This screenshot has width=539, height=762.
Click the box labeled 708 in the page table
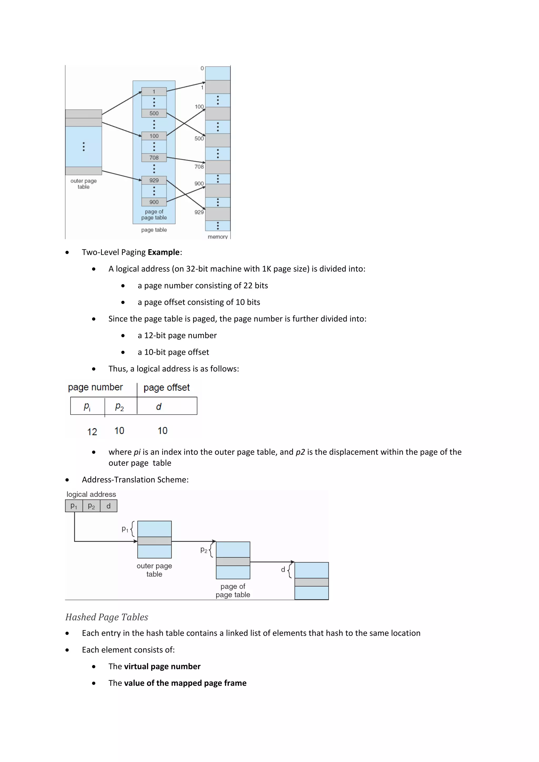(154, 158)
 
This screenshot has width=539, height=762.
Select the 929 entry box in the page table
(154, 180)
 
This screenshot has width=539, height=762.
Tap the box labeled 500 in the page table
(154, 113)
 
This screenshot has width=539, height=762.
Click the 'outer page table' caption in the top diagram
(83, 184)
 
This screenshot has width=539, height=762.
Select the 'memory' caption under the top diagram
(217, 237)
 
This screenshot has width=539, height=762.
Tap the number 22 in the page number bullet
(248, 285)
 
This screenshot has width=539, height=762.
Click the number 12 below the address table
(92, 432)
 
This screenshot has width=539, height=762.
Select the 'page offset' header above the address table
(166, 388)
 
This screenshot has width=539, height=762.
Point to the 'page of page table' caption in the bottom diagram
(233, 590)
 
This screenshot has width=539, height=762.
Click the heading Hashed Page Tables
(107, 617)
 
